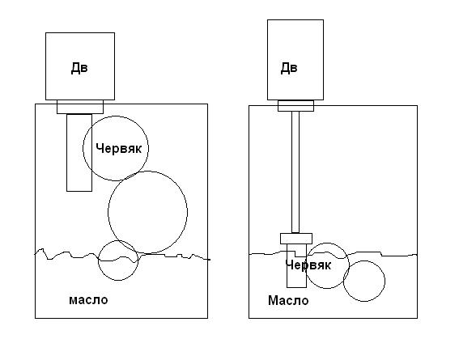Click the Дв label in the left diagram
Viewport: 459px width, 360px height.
[79, 68]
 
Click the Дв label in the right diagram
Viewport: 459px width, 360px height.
[289, 68]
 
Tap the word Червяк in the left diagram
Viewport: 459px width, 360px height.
[118, 149]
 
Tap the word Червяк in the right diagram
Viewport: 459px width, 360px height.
[308, 265]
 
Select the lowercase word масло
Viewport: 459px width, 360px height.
[88, 300]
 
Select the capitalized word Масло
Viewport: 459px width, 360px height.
[288, 300]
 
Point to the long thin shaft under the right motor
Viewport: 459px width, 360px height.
[295, 172]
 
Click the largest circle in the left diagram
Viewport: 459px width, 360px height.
[108, 212]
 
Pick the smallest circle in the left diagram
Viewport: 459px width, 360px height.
[99, 260]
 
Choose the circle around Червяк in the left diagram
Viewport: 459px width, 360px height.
[83, 148]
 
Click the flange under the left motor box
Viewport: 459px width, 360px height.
[80, 107]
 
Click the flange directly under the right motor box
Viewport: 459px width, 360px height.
[295, 105]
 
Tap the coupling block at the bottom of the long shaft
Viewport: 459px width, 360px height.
[296, 239]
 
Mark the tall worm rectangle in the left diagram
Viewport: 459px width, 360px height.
[67, 152]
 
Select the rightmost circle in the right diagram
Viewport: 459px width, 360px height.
[385, 281]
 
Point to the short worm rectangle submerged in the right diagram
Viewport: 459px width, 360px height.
[287, 265]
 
